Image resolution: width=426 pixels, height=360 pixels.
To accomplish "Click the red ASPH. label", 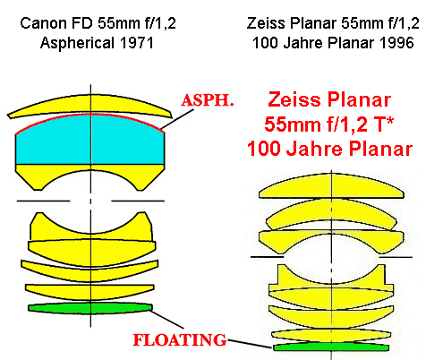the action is click(208, 100).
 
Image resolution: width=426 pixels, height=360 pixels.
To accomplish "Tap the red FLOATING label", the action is click(180, 340).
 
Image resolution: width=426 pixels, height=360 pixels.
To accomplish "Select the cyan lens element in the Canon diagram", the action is click(89, 140).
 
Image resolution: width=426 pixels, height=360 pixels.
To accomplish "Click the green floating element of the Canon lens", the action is click(90, 308).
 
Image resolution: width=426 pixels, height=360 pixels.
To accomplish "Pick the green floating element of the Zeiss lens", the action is click(331, 347).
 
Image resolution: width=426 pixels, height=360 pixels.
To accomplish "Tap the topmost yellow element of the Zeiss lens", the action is click(332, 187).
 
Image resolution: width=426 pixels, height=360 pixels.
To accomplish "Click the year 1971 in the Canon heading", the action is click(137, 43).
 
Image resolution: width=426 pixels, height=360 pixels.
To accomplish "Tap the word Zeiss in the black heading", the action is click(266, 23).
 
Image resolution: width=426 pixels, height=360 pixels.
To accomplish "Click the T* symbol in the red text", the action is click(385, 124).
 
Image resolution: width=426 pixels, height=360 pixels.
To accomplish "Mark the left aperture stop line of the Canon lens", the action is click(43, 201).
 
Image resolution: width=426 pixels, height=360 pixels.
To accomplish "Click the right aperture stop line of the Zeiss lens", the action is click(396, 256).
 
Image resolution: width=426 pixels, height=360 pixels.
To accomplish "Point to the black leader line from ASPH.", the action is click(177, 119).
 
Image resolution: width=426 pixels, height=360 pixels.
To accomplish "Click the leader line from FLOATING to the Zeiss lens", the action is click(250, 343).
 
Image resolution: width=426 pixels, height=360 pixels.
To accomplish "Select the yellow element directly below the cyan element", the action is click(89, 176).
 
